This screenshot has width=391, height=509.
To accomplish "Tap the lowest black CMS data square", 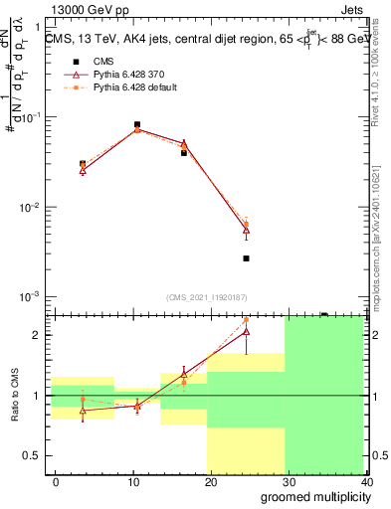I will pos(246,258).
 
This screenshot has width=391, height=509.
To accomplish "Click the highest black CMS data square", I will pos(136,124).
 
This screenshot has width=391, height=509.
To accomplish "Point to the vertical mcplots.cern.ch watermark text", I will pos(381,229).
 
